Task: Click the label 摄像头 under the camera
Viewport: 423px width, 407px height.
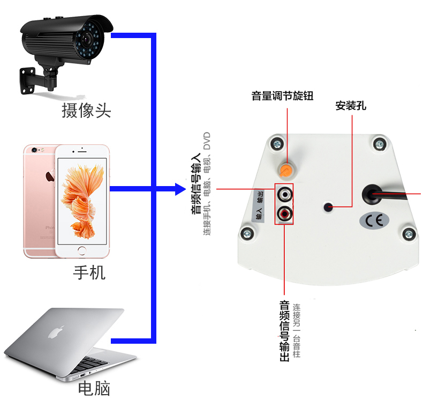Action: [86, 110]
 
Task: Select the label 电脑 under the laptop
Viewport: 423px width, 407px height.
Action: [94, 388]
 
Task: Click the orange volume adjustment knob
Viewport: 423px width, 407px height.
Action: [286, 171]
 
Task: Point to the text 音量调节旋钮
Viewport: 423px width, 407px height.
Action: [282, 96]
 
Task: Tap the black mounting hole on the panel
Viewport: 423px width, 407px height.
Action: [329, 206]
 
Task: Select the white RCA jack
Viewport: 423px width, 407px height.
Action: [284, 193]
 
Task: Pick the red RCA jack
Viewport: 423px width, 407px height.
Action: [284, 214]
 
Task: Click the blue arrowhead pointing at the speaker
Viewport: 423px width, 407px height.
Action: [179, 188]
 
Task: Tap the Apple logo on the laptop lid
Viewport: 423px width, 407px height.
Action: [53, 332]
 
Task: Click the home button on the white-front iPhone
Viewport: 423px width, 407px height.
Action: [81, 250]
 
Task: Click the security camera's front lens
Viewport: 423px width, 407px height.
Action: [86, 39]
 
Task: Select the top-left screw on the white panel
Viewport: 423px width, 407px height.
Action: [277, 143]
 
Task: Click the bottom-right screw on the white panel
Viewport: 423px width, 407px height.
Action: [409, 233]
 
